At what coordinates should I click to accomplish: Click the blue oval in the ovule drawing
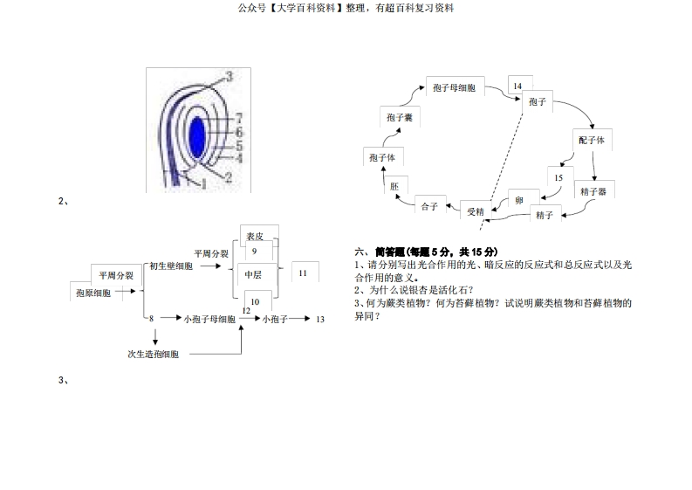coord(197,136)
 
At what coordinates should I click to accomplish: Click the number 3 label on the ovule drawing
coord(229,77)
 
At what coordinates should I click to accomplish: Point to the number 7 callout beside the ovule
coord(239,118)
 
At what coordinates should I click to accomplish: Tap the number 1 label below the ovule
coord(204,184)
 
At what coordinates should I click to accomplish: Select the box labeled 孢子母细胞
coord(454,87)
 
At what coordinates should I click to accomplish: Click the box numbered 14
coord(517,86)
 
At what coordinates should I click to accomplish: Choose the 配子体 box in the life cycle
coord(591,140)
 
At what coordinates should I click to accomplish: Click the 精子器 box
coord(592,190)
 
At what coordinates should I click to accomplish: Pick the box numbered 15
coord(558,178)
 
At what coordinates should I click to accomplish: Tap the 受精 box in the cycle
coord(476,211)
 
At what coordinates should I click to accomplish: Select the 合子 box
coord(429,206)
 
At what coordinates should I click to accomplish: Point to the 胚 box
coord(395,186)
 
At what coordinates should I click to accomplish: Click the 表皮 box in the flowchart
coord(256,236)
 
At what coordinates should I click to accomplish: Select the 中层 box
coord(254,273)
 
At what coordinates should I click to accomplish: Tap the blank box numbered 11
coord(303,273)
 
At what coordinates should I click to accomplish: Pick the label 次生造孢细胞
coord(154,354)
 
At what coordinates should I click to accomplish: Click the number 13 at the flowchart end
coord(320,320)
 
